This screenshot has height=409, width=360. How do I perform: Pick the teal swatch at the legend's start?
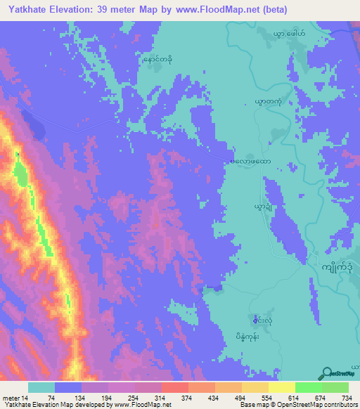41,387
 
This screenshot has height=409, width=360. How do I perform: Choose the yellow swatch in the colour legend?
281,387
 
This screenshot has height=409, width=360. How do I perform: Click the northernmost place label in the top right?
290,32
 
